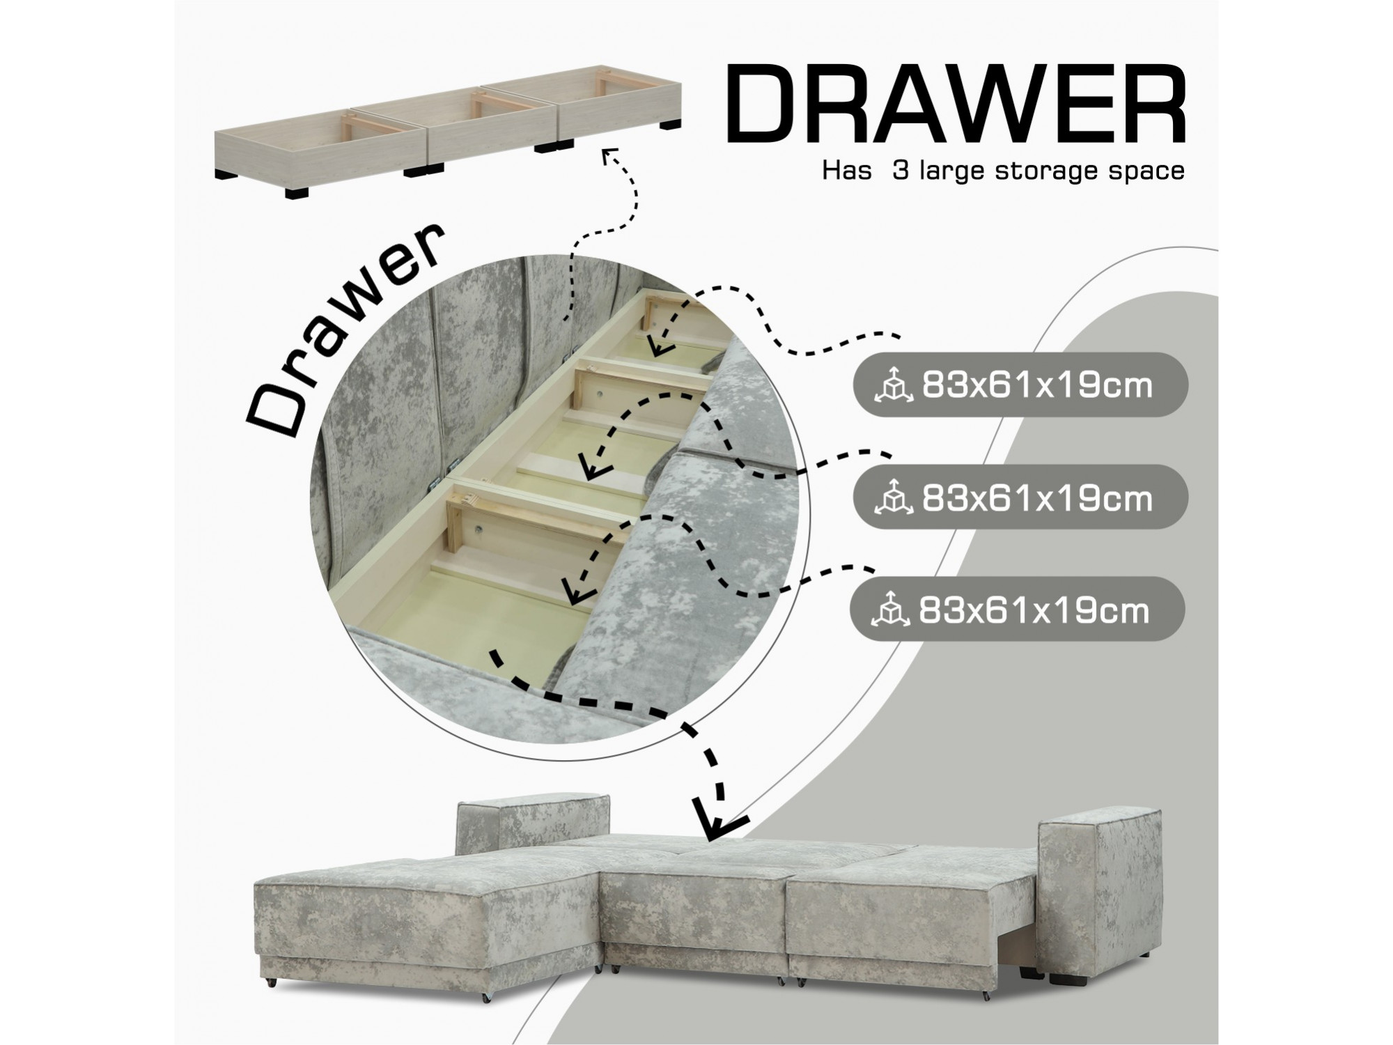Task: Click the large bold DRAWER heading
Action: pos(956,105)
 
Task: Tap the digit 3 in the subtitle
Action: pos(901,170)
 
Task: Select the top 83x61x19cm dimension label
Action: pos(1037,385)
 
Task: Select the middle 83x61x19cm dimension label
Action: pos(1037,498)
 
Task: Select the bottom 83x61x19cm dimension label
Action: pos(1034,610)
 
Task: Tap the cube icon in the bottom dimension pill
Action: pos(890,610)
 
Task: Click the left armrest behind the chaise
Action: pos(533,826)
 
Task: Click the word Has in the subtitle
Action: pos(847,170)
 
